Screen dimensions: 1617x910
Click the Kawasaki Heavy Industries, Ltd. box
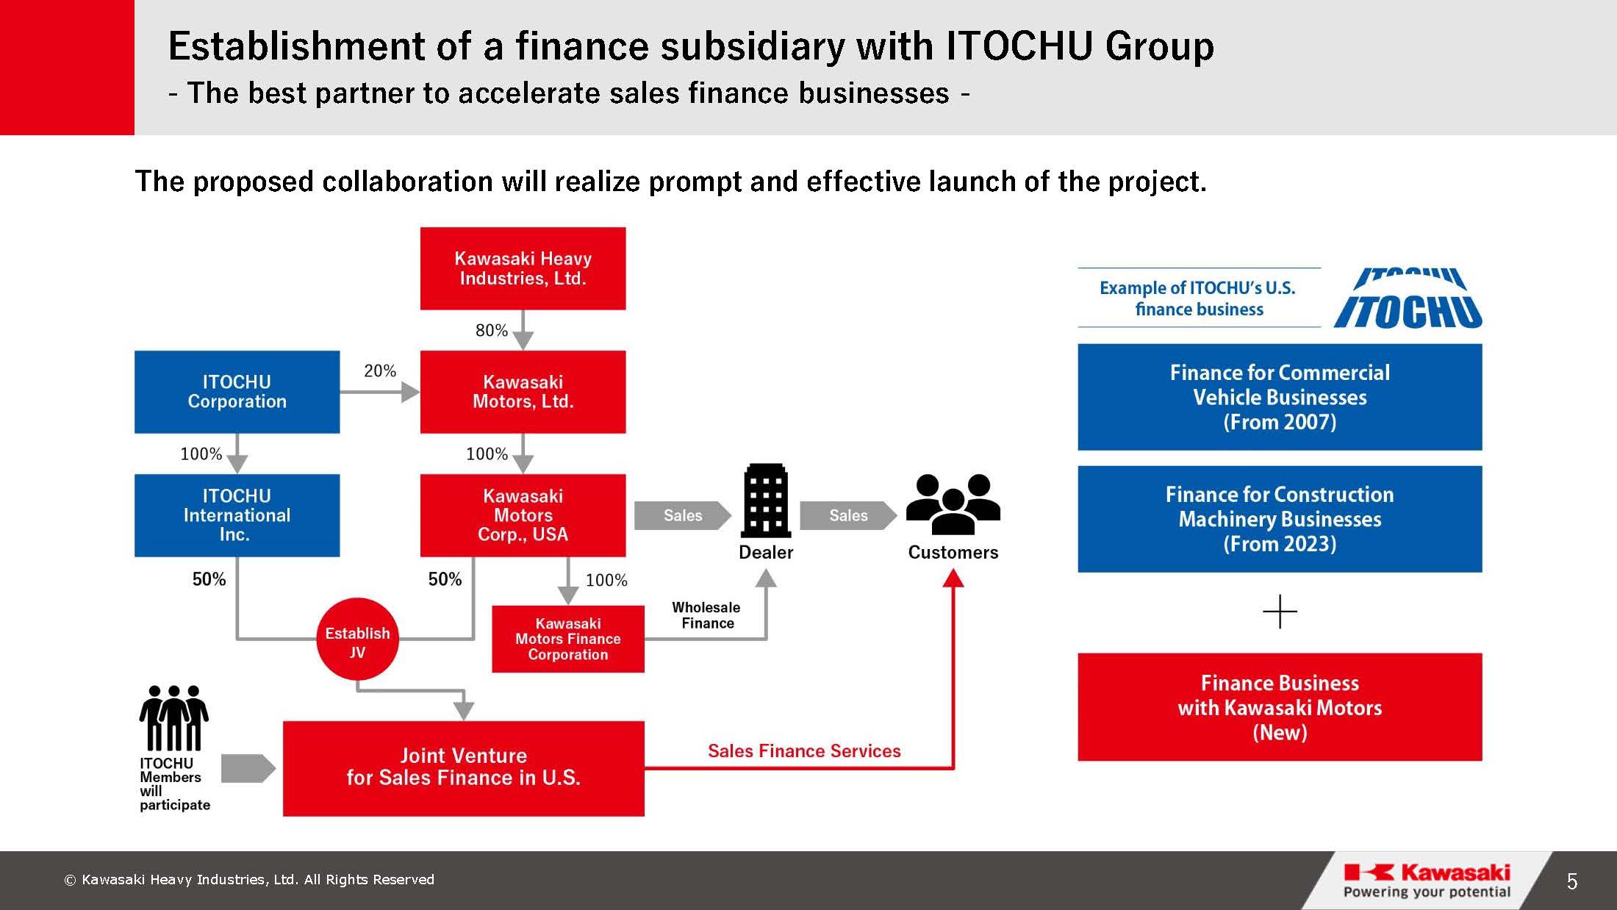click(x=523, y=268)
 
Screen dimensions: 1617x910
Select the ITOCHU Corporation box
click(x=237, y=392)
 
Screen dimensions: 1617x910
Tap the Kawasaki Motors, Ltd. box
click(x=523, y=392)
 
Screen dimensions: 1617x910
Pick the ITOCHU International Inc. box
click(x=237, y=515)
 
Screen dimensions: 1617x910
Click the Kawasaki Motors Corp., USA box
click(x=523, y=515)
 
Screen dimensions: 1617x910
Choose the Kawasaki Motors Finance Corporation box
click(x=568, y=639)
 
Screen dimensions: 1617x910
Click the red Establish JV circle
click(x=357, y=639)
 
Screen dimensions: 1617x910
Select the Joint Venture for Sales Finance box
click(x=464, y=768)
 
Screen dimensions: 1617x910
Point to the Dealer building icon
click(x=766, y=501)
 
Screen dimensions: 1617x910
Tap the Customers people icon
click(x=953, y=504)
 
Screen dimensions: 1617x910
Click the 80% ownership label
click(x=492, y=331)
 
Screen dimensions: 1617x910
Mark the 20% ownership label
click(x=380, y=371)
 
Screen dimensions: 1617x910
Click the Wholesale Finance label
click(x=706, y=615)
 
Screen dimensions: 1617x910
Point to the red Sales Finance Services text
click(x=804, y=750)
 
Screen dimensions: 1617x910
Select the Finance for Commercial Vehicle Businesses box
click(x=1280, y=397)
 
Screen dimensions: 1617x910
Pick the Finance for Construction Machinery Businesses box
click(x=1280, y=519)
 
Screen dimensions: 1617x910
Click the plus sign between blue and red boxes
click(x=1280, y=612)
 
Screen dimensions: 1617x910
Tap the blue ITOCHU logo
click(x=1408, y=298)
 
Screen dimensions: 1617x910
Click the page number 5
click(x=1572, y=881)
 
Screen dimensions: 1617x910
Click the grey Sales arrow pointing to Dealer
click(x=683, y=515)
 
